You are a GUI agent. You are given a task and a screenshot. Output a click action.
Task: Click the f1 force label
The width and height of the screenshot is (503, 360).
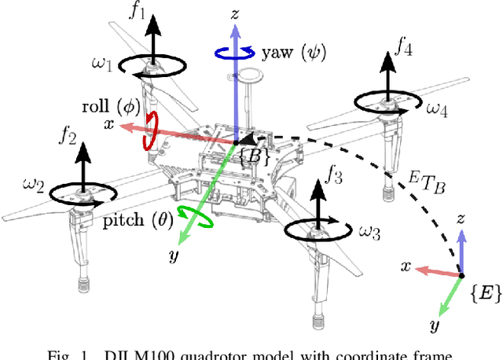160,13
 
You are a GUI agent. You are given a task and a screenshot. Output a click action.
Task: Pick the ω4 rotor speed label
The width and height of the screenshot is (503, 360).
436,110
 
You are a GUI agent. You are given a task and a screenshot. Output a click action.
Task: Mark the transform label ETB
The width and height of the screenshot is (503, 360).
421,186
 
